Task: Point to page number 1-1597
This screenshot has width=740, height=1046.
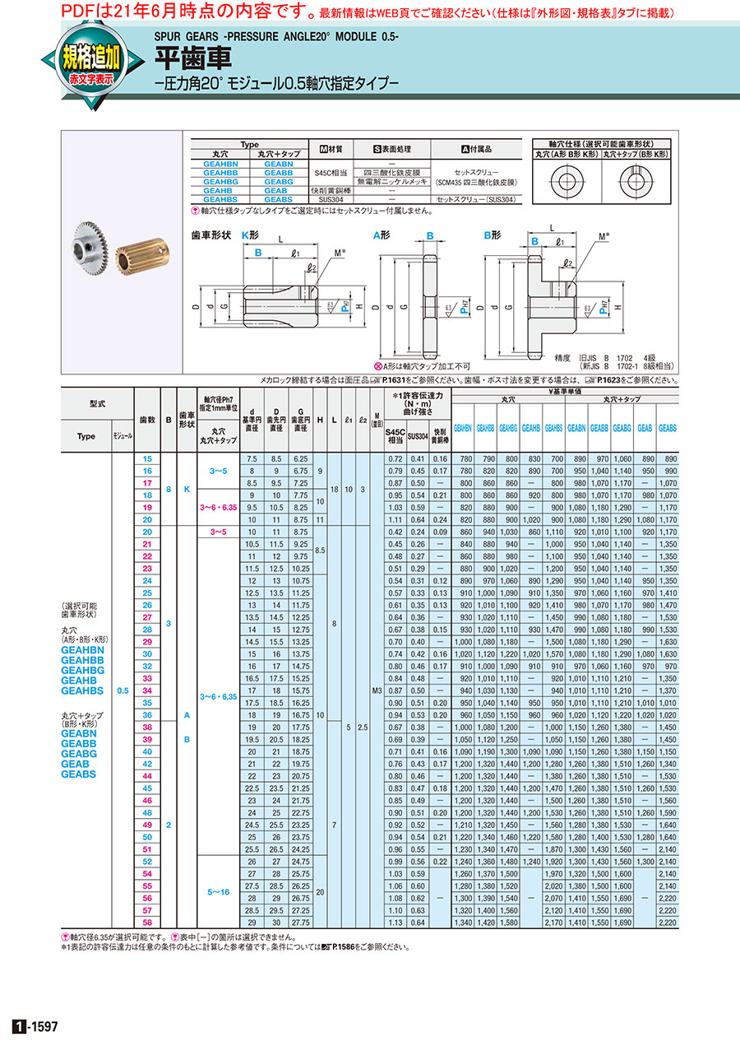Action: (36, 1026)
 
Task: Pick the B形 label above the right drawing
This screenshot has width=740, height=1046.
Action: (492, 235)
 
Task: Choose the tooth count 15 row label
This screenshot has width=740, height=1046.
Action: (148, 458)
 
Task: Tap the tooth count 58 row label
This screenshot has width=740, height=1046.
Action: (148, 923)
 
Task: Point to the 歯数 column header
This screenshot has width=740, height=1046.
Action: (148, 419)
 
